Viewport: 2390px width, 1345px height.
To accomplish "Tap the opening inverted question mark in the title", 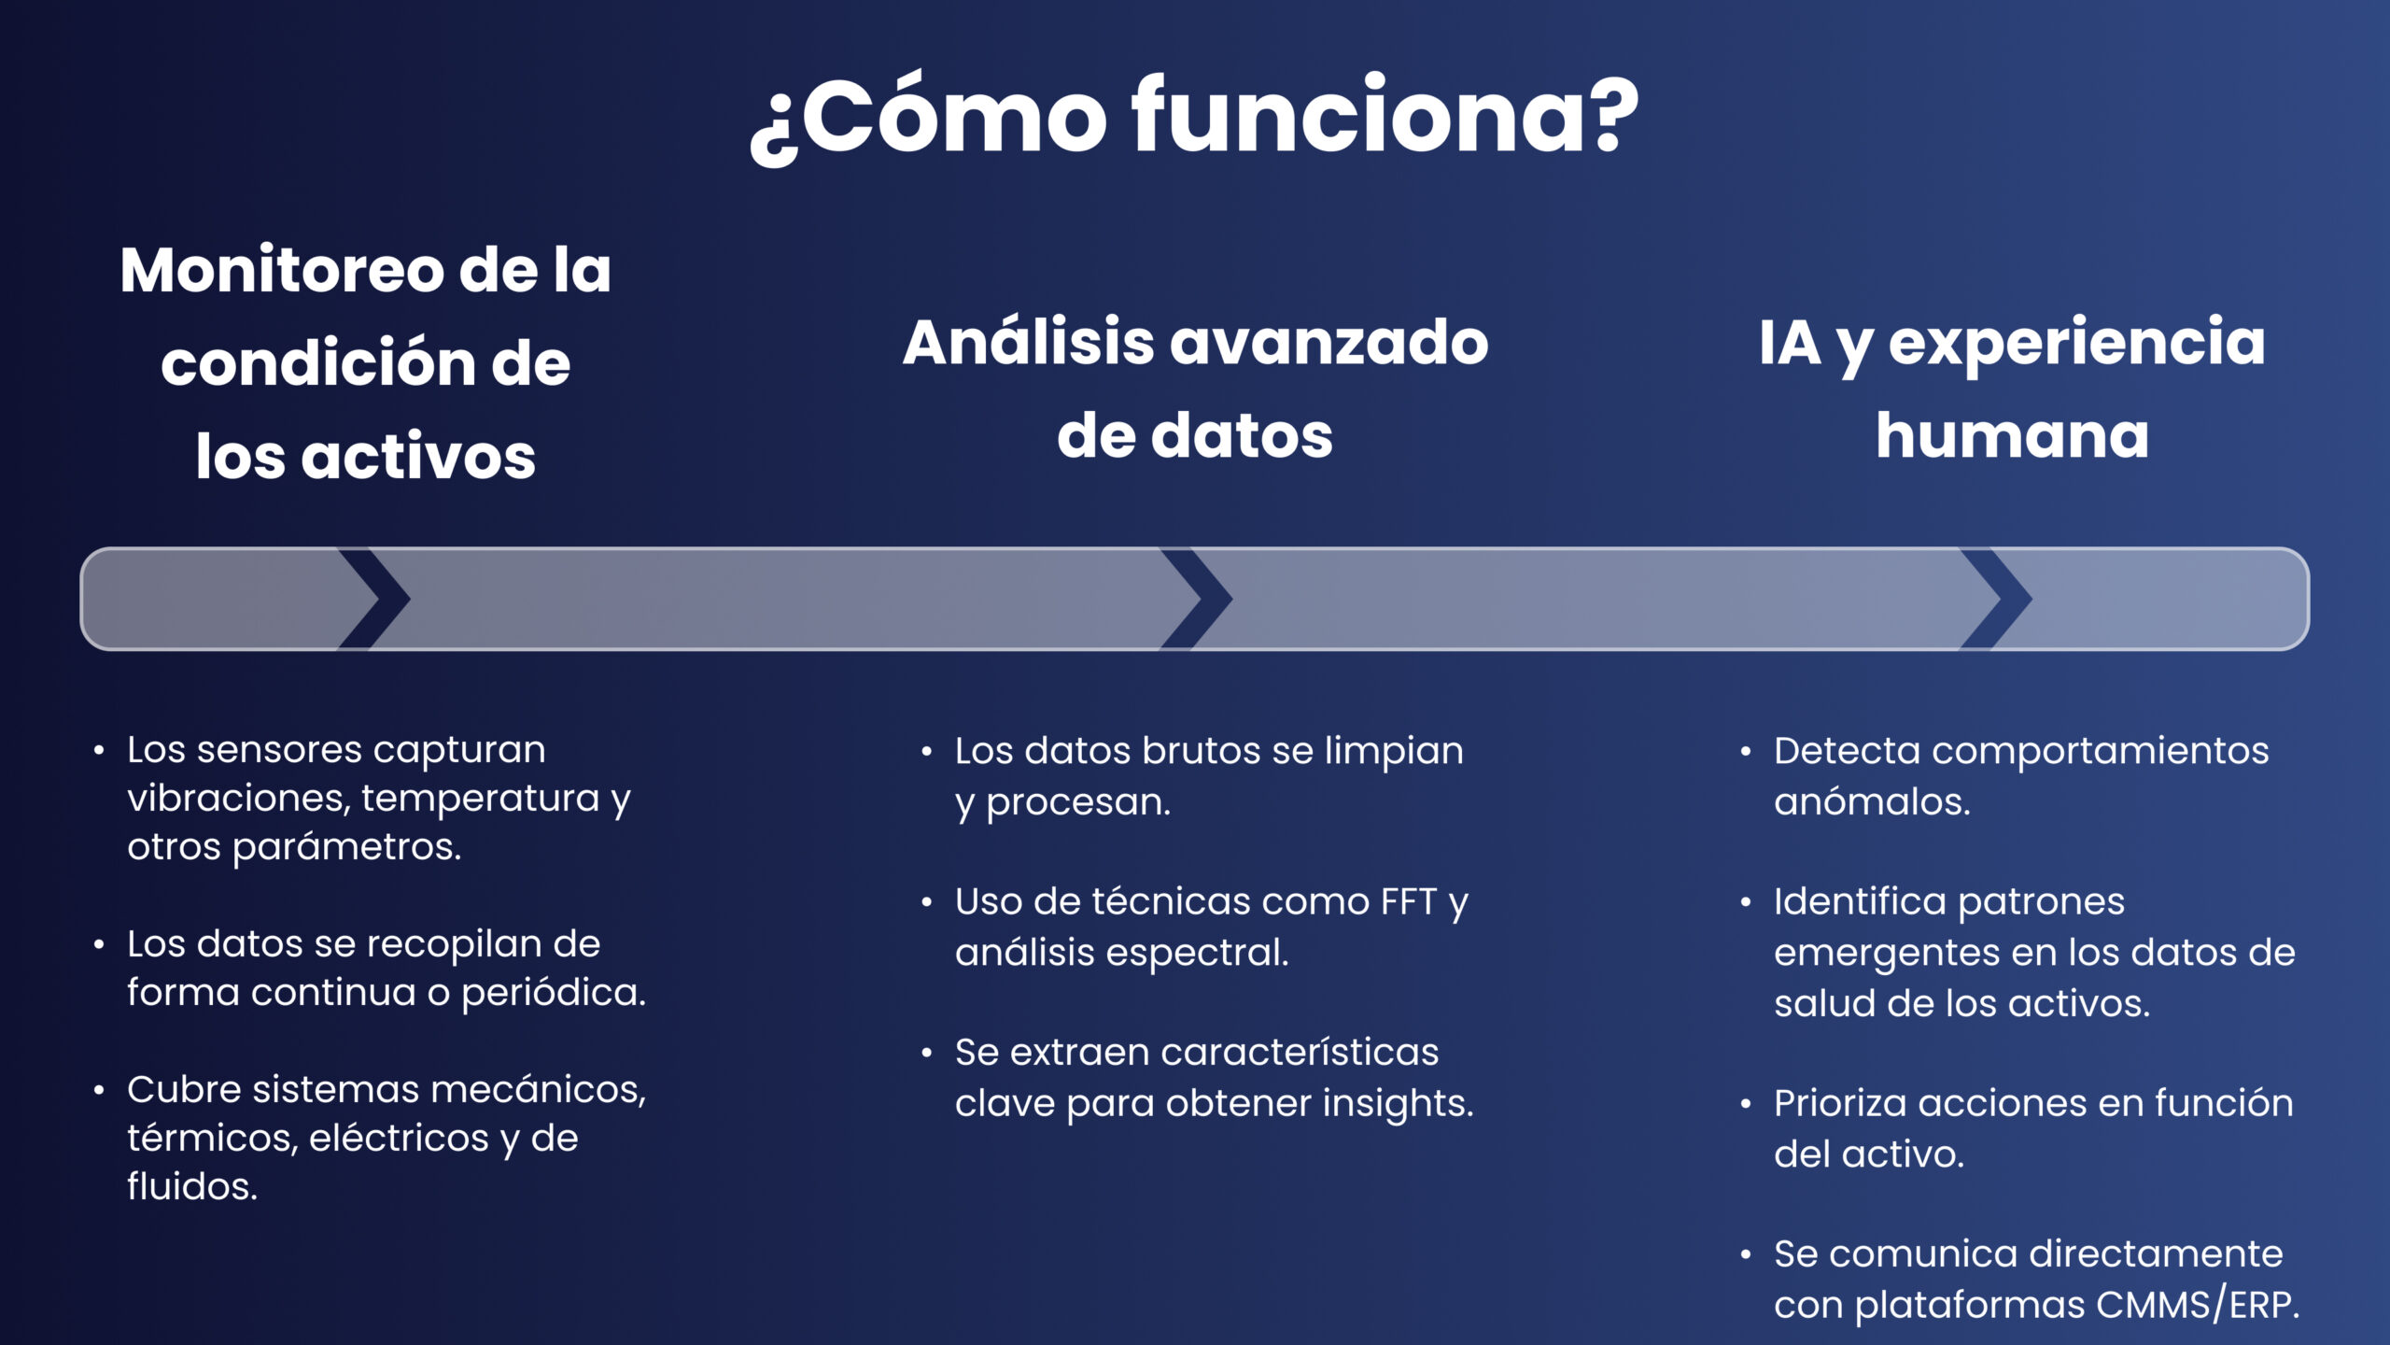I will point(771,131).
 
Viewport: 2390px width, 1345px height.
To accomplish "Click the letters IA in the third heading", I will point(1789,343).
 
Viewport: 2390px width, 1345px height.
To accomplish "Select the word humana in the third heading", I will point(2012,436).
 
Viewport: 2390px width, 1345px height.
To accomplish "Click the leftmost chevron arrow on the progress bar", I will point(375,599).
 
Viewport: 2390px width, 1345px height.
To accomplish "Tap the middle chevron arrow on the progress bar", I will point(1197,599).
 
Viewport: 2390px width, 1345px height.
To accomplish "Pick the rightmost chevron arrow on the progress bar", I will point(1997,599).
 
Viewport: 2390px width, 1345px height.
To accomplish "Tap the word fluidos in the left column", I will point(191,1187).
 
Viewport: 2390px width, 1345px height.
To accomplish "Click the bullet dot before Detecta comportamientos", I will point(1746,752).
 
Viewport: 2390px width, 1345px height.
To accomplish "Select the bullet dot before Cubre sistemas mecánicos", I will point(99,1090).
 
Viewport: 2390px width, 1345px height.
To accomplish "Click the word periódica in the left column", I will point(553,993).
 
